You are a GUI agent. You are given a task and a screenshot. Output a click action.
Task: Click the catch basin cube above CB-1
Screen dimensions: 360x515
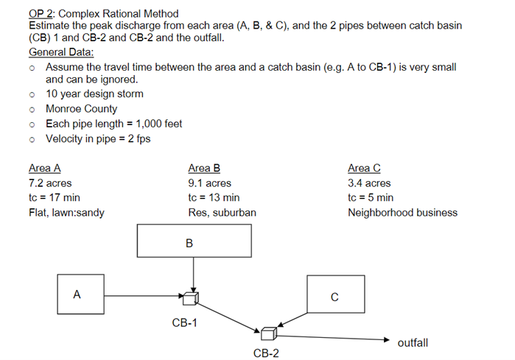[x=191, y=297]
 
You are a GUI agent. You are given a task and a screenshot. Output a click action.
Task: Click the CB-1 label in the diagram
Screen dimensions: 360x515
[x=184, y=322]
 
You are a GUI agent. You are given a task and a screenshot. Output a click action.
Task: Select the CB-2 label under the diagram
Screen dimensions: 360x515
[x=266, y=353]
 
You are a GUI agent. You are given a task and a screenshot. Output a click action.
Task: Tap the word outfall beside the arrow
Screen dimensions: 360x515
[x=413, y=343]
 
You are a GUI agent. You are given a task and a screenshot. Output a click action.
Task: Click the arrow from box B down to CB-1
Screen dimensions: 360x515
[x=192, y=274]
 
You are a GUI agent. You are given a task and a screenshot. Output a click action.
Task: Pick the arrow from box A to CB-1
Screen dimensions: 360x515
[x=144, y=296]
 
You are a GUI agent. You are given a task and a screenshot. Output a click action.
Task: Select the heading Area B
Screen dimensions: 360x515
[x=204, y=168]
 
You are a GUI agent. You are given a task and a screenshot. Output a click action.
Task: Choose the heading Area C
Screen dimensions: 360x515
[x=364, y=168]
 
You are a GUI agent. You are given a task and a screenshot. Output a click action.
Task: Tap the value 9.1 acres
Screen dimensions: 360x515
[x=210, y=183]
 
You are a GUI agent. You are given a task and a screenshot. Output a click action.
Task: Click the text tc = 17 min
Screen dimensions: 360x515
[x=55, y=197]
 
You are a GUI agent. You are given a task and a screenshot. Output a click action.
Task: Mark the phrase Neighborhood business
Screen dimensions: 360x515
[x=402, y=213]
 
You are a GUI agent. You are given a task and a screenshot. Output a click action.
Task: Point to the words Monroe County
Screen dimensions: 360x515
[x=81, y=108]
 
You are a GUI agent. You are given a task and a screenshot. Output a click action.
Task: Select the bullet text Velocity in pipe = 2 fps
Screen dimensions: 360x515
[x=97, y=138]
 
